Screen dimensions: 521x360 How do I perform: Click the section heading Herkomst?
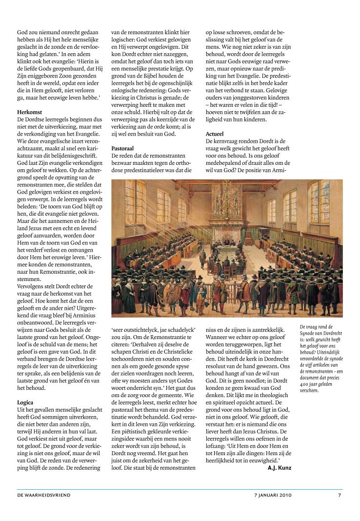29,112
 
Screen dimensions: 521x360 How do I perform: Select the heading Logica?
25,402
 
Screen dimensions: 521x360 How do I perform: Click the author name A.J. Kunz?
279,468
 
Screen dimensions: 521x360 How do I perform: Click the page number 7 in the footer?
340,495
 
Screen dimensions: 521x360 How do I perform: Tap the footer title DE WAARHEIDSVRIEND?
44,495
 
